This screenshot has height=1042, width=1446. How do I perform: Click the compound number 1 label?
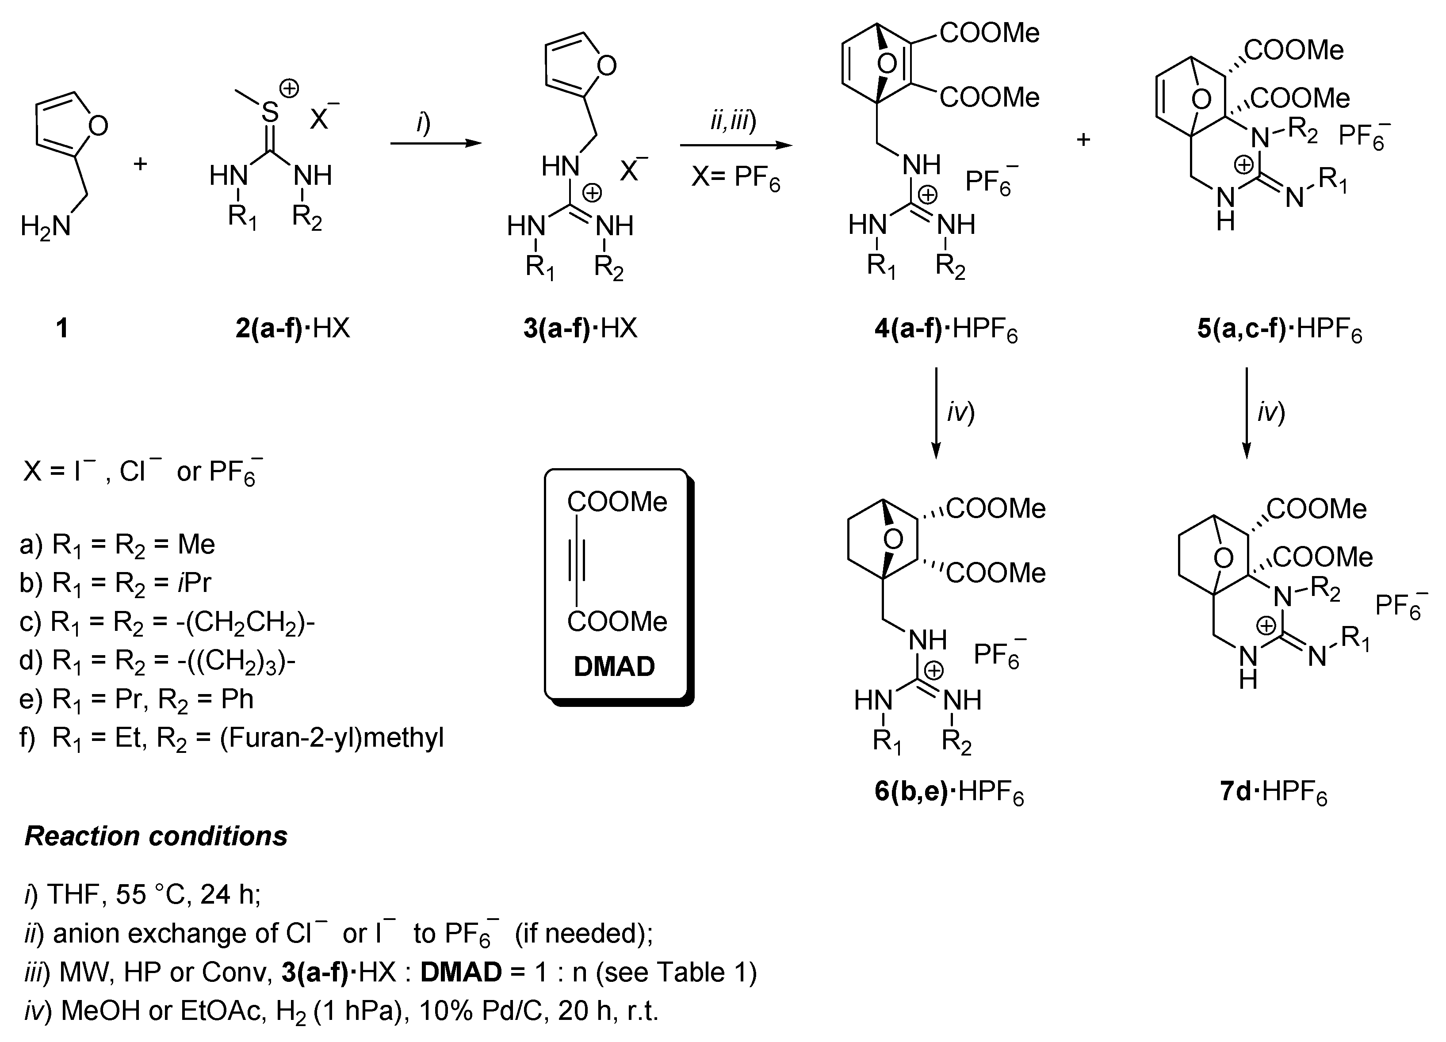coord(62,329)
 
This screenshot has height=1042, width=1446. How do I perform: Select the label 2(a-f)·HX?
coord(293,329)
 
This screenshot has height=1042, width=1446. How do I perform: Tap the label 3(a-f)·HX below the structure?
coord(580,329)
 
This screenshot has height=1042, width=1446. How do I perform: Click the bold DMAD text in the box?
coord(614,667)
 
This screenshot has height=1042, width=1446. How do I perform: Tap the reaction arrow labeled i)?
coord(436,143)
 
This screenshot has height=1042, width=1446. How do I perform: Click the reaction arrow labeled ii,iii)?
coord(736,145)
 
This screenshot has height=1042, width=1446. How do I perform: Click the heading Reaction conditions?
coord(156,836)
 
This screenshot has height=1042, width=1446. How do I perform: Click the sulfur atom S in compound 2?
coord(270,113)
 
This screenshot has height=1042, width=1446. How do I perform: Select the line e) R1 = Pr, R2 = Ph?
coord(137,699)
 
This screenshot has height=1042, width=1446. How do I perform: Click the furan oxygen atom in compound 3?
coord(606,65)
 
